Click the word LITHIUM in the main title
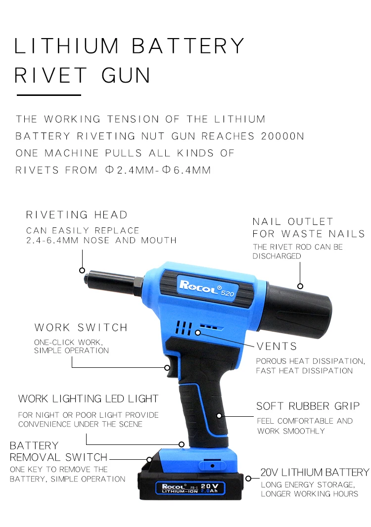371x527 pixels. coord(65,46)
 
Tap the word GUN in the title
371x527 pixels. coord(126,75)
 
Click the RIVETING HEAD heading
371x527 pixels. coord(77,215)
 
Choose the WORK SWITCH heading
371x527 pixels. coord(81,328)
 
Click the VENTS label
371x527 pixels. coord(277,346)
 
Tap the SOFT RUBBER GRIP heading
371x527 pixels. coord(308,406)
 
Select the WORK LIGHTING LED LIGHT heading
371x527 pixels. coord(88,399)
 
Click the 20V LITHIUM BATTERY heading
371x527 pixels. coord(315,473)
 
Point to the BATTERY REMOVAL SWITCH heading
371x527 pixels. coord(58,451)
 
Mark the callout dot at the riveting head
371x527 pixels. coord(82,270)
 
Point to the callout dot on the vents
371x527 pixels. coord(198,333)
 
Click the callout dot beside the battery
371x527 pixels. coord(249,478)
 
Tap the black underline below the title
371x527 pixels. coord(48,94)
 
